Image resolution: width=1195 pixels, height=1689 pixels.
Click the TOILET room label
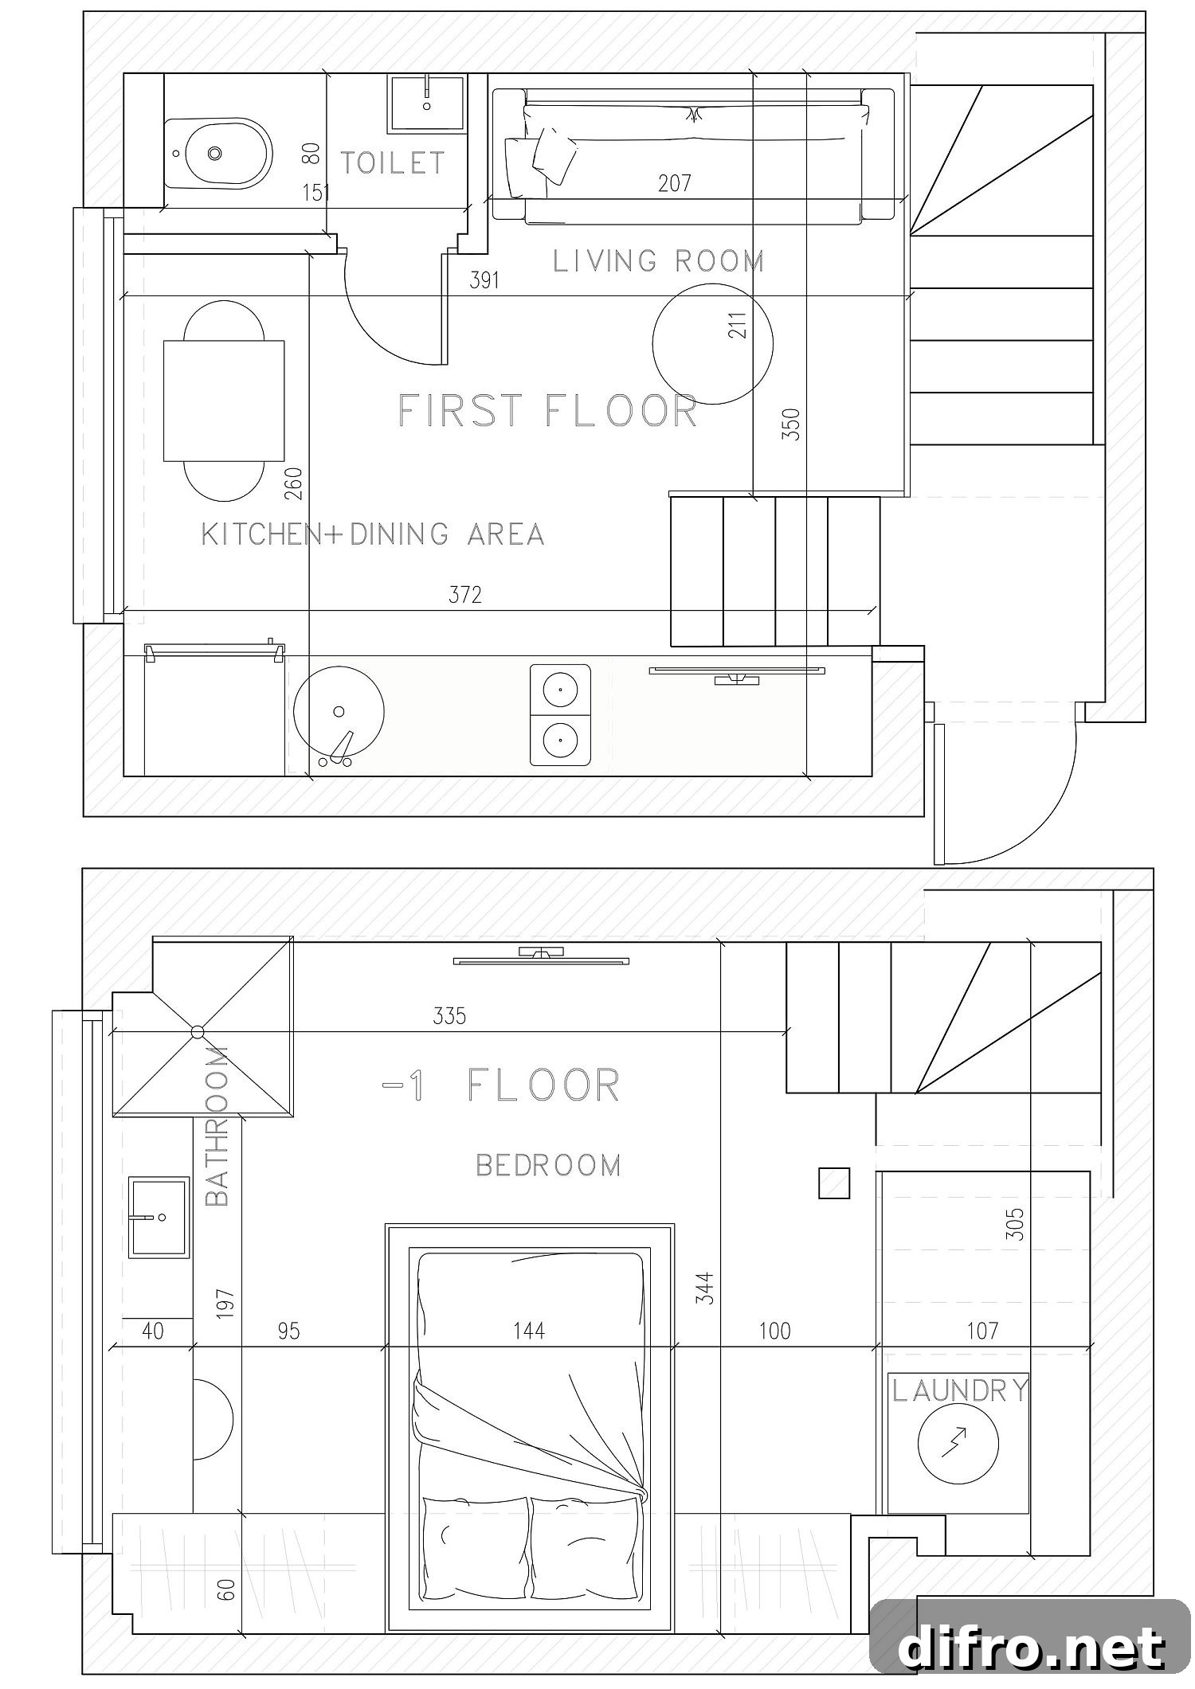393,162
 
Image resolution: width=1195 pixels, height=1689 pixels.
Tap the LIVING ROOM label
659,261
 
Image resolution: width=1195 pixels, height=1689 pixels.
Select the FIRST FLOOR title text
547,411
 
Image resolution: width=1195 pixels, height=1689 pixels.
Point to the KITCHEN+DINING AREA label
373,534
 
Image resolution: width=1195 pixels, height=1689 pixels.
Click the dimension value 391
484,280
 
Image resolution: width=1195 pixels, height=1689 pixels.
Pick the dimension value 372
465,595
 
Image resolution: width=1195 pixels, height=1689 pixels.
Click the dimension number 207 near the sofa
675,184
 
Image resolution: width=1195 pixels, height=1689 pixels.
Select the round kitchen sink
339,712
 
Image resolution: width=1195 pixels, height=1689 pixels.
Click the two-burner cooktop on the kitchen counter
561,715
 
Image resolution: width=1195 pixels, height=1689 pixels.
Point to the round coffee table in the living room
712,344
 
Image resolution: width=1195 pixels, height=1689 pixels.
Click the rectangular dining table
224,401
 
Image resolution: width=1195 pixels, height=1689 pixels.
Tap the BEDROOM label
548,1165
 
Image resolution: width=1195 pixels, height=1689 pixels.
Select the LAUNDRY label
960,1390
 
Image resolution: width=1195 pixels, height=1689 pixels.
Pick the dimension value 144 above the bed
529,1331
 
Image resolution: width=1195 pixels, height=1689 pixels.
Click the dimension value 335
449,1016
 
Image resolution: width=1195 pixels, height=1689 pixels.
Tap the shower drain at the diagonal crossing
198,1032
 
